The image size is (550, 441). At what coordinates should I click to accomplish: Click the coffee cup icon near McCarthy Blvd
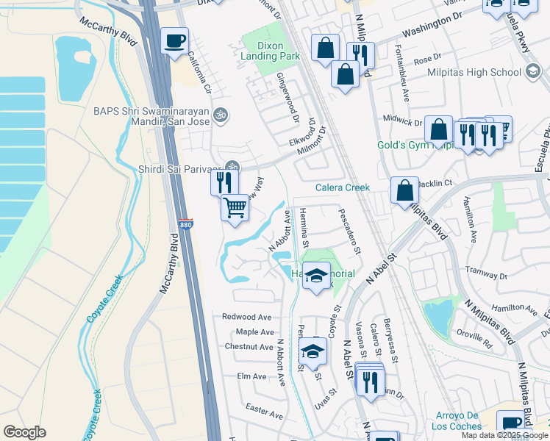(174, 42)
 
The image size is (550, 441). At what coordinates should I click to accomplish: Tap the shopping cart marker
(235, 207)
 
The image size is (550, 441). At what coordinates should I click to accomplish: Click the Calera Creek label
(342, 187)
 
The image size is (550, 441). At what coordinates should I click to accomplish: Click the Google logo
(24, 432)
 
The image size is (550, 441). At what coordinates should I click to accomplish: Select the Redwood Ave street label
(247, 317)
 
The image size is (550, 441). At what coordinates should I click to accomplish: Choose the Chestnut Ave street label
(249, 347)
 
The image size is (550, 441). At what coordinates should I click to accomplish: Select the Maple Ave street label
(254, 332)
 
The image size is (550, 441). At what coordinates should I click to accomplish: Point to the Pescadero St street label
(350, 231)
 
